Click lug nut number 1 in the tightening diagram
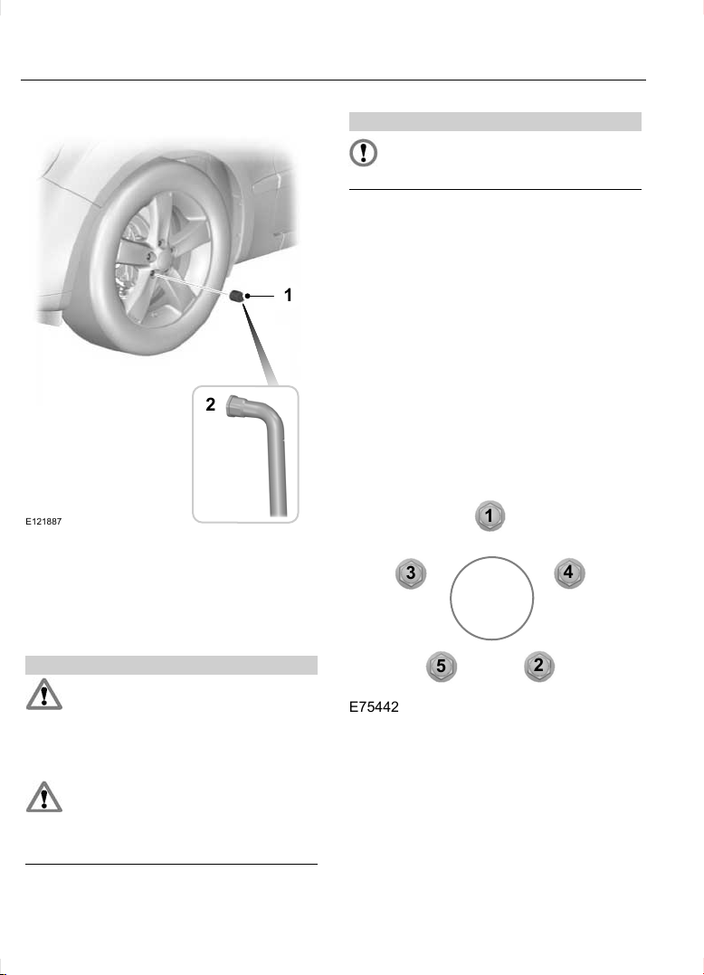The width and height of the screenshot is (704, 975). [x=490, y=516]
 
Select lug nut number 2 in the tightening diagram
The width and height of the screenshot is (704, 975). [x=538, y=666]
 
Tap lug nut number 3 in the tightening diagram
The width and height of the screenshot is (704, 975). [x=411, y=573]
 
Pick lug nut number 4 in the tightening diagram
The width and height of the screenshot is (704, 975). [x=569, y=573]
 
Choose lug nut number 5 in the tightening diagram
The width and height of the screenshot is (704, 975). [x=441, y=666]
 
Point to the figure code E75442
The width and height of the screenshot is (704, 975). [x=374, y=707]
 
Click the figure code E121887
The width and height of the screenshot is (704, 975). [x=43, y=522]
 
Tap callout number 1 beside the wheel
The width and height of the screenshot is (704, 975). [x=288, y=296]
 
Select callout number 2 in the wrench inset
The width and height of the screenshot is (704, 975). [x=211, y=405]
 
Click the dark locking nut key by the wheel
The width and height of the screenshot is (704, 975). [x=236, y=296]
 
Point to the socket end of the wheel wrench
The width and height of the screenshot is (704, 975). [x=238, y=406]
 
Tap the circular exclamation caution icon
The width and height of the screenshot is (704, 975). [x=363, y=152]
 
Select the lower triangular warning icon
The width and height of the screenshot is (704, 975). [x=44, y=797]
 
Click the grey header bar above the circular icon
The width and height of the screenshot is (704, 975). [x=495, y=121]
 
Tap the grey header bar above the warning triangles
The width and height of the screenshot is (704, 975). [x=171, y=665]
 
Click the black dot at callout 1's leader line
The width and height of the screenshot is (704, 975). [x=248, y=296]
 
